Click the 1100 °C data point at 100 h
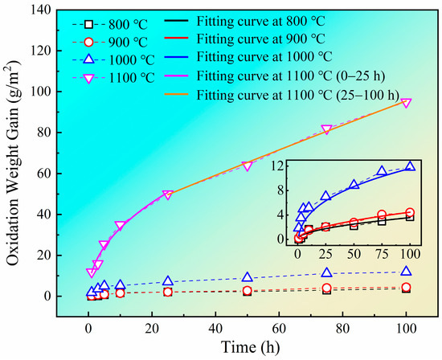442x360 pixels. pyautogui.click(x=406, y=103)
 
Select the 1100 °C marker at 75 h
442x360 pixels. pyautogui.click(x=326, y=129)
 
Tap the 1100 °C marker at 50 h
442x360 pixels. pyautogui.click(x=247, y=166)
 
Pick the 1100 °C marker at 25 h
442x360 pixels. pyautogui.click(x=167, y=195)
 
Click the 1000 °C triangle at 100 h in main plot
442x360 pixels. pyautogui.click(x=406, y=272)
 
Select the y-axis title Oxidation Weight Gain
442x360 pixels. pyautogui.click(x=15, y=164)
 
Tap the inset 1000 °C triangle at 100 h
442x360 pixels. pyautogui.click(x=410, y=166)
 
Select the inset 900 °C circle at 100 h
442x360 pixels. pyautogui.click(x=410, y=213)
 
